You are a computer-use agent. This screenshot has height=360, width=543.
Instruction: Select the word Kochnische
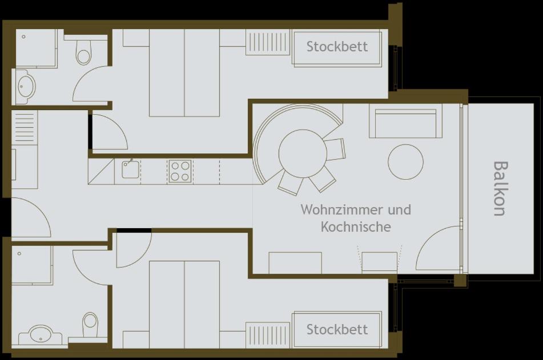coord(356,226)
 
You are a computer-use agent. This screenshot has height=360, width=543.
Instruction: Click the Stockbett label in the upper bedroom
coord(337,46)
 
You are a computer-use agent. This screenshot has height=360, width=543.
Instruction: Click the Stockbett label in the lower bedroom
coord(337,330)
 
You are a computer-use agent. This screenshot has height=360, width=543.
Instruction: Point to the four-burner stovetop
coord(180,171)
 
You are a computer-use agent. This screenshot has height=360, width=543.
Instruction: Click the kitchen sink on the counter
coord(131,169)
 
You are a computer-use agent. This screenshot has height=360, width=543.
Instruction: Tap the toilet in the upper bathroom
coord(83,52)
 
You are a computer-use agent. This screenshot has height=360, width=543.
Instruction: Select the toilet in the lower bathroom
coord(90,325)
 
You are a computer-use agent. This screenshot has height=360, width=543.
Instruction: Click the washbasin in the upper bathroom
coord(26,86)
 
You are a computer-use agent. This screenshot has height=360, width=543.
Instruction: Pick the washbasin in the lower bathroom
coord(41,334)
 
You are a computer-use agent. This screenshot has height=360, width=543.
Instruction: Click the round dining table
coord(303,153)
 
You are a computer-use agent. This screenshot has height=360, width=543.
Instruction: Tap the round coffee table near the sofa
coord(405,162)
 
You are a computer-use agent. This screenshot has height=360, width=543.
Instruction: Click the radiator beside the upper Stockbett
coord(268,42)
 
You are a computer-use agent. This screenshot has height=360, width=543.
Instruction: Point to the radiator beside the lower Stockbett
coord(268,335)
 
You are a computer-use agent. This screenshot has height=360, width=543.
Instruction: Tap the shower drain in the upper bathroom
coord(23,37)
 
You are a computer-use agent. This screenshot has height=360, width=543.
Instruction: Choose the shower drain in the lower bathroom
coord(19,253)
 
